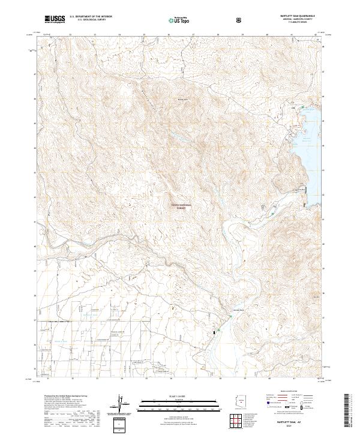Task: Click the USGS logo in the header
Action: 55,20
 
